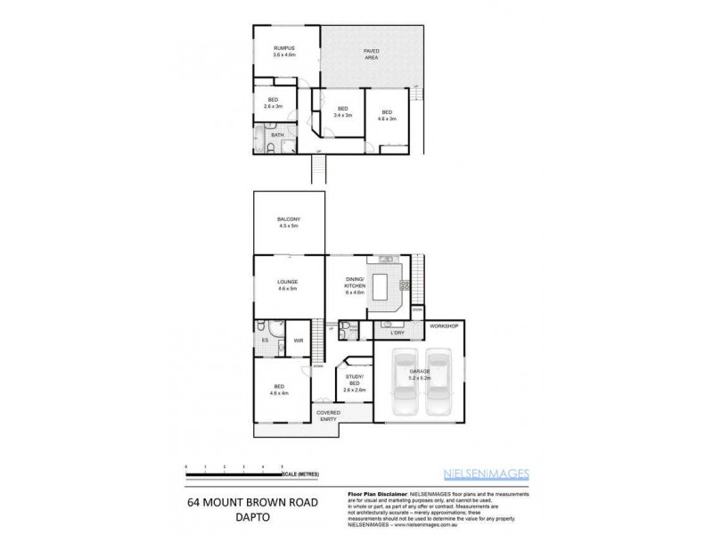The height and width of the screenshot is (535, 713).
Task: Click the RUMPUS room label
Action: [283, 52]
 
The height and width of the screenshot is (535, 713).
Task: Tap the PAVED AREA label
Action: [371, 53]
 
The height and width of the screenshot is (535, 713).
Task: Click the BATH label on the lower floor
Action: [277, 136]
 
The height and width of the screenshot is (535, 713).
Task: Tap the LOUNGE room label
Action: [287, 284]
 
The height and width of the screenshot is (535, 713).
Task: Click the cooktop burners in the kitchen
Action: [405, 286]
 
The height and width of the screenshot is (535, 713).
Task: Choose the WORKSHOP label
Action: [443, 327]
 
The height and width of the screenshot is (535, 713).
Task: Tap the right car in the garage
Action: [442, 383]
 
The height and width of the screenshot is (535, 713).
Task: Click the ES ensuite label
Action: [266, 340]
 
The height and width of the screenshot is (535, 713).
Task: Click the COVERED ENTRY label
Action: [328, 416]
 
